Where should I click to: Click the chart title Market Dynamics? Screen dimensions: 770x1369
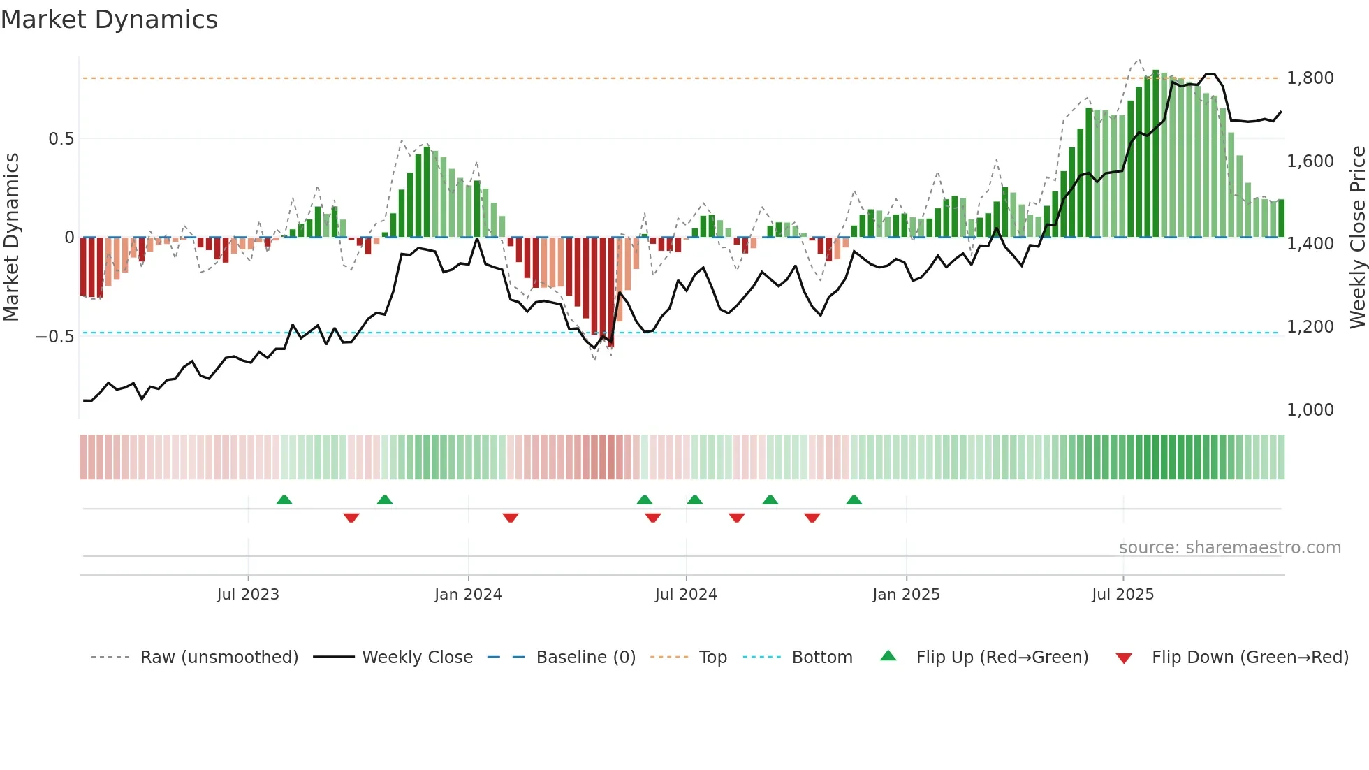pyautogui.click(x=109, y=20)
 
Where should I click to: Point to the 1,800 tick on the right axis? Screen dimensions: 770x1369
pyautogui.click(x=1310, y=78)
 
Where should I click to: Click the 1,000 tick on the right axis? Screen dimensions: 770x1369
pyautogui.click(x=1310, y=410)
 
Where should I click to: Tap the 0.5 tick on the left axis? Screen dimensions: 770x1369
pyautogui.click(x=61, y=139)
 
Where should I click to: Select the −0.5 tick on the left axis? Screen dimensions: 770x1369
pyautogui.click(x=54, y=337)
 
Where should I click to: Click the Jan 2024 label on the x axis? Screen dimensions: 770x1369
pyautogui.click(x=467, y=595)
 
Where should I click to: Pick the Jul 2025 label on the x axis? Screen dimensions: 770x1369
pyautogui.click(x=1122, y=595)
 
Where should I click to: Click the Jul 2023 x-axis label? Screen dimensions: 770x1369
pyautogui.click(x=247, y=595)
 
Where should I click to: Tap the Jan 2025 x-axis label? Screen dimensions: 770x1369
pyautogui.click(x=905, y=595)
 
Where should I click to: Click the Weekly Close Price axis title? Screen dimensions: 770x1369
pyautogui.click(x=1357, y=238)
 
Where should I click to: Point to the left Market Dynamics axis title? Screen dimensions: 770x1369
pyautogui.click(x=11, y=238)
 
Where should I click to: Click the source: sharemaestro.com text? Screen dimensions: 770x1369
pyautogui.click(x=1229, y=548)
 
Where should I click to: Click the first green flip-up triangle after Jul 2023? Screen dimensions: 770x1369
pyautogui.click(x=284, y=500)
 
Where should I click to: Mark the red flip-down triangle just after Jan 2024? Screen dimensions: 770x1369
pyautogui.click(x=511, y=518)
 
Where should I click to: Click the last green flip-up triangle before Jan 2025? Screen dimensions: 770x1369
pyautogui.click(x=854, y=500)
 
